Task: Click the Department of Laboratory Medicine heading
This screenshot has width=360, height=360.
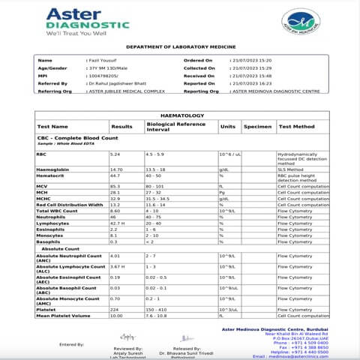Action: (x=180, y=47)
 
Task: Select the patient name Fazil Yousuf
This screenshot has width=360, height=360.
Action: (x=103, y=60)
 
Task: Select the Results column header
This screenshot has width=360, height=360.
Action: (x=121, y=127)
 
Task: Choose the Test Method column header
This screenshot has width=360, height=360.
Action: (x=296, y=127)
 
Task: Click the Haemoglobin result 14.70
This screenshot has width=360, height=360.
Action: (x=116, y=170)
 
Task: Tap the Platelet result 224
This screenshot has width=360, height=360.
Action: (x=115, y=308)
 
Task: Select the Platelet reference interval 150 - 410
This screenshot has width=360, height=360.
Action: (x=157, y=308)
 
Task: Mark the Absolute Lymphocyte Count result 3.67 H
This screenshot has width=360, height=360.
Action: (x=117, y=266)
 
